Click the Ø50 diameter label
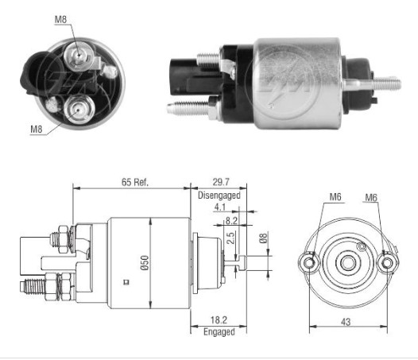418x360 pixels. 145,265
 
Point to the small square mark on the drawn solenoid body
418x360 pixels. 126,281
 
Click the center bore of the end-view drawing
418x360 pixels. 347,262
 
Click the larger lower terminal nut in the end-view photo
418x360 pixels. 79,107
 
